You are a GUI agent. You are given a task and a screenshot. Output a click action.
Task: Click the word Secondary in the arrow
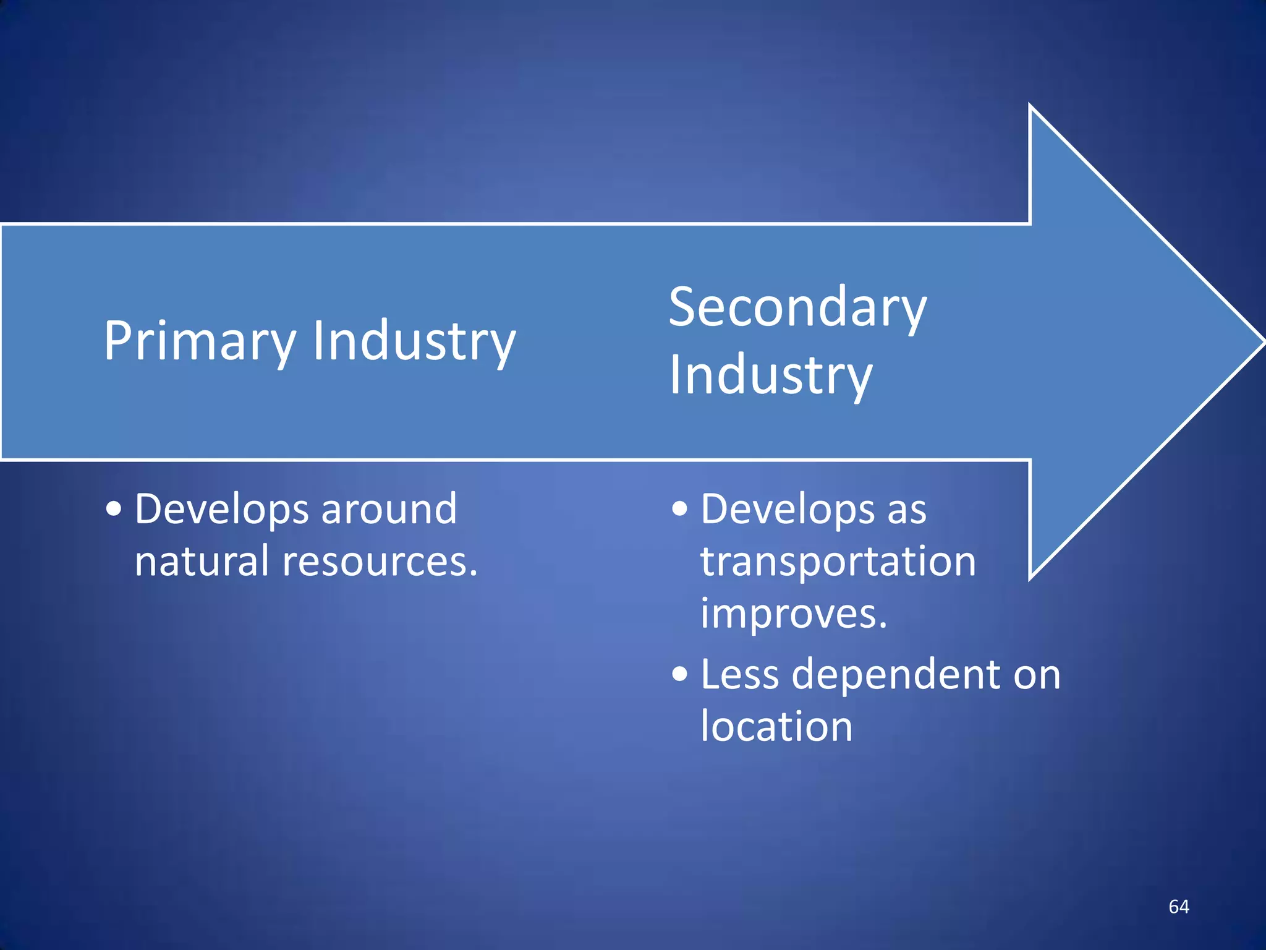(x=797, y=307)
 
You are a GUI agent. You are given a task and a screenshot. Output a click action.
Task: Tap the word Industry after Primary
(x=414, y=341)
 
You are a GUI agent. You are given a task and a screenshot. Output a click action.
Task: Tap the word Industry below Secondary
(x=770, y=375)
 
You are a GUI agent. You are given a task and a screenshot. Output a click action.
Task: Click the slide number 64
(x=1178, y=907)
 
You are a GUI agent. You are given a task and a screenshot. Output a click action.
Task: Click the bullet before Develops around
(x=114, y=510)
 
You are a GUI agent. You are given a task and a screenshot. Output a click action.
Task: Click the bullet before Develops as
(x=679, y=510)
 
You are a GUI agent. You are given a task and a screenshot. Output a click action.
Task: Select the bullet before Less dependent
(x=679, y=674)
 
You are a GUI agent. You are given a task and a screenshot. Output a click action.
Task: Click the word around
(x=389, y=510)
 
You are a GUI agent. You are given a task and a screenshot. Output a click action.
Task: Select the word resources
(x=380, y=562)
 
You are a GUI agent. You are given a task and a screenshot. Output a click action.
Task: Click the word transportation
(x=838, y=562)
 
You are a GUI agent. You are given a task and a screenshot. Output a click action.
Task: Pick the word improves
(x=793, y=615)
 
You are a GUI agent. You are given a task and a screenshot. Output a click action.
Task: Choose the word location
(x=776, y=726)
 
